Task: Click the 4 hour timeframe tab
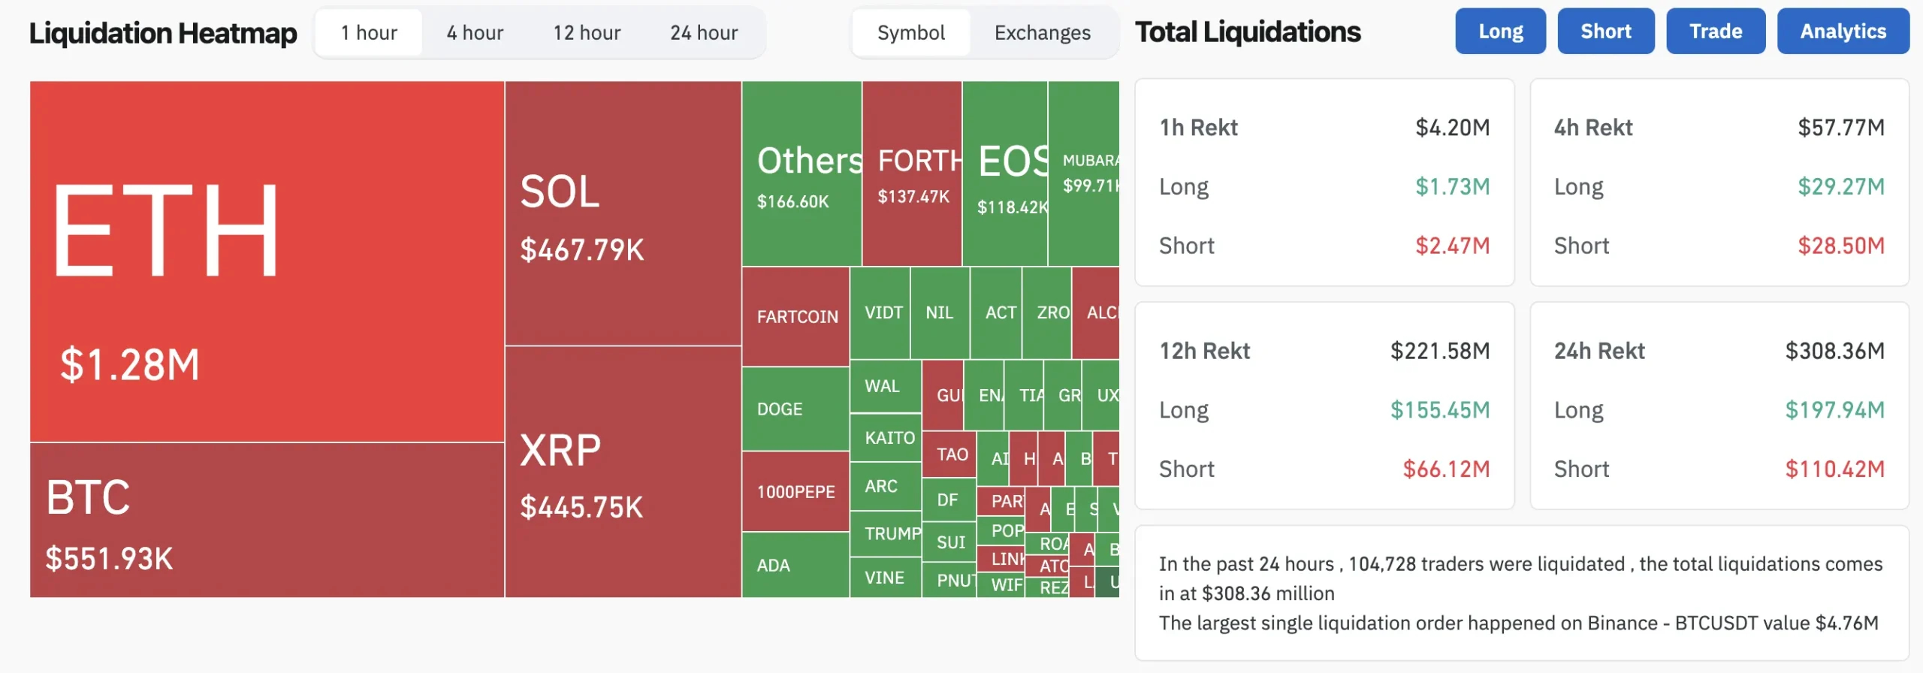475,33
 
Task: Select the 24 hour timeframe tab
704,33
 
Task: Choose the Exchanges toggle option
1042,33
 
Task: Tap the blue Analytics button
1843,32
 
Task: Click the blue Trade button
1716,32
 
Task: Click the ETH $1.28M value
130,365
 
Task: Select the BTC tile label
88,497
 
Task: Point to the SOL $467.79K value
582,250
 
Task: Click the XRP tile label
560,451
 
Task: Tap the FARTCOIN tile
796,317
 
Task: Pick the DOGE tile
780,409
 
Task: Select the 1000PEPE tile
795,492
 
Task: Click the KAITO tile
889,438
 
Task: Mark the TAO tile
952,454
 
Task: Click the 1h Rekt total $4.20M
1452,128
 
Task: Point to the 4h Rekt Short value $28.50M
1840,246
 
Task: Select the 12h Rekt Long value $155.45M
1439,410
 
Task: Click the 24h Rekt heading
1599,351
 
